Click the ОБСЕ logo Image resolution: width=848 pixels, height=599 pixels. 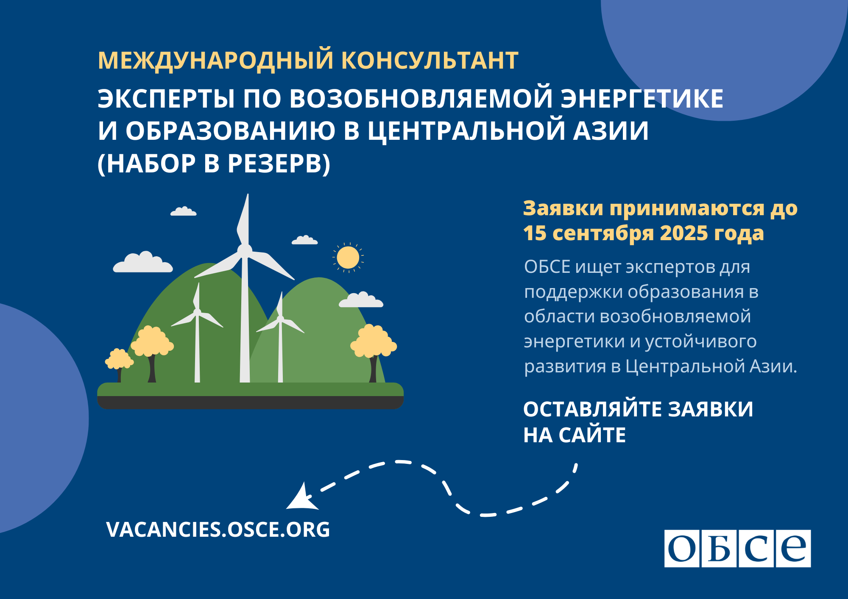(737, 548)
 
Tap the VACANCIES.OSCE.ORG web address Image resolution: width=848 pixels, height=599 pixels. (218, 530)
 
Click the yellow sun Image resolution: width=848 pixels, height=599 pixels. (348, 258)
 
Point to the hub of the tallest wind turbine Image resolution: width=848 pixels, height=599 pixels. (244, 250)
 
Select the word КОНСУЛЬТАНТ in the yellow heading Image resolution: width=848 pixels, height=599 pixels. (430, 60)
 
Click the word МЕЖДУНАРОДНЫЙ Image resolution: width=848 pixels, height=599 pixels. (216, 60)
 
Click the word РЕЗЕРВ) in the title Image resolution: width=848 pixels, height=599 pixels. (279, 164)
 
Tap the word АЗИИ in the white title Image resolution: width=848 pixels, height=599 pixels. (611, 131)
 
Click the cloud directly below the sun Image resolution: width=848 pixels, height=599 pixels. (361, 299)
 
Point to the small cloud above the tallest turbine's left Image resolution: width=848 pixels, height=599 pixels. (183, 211)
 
